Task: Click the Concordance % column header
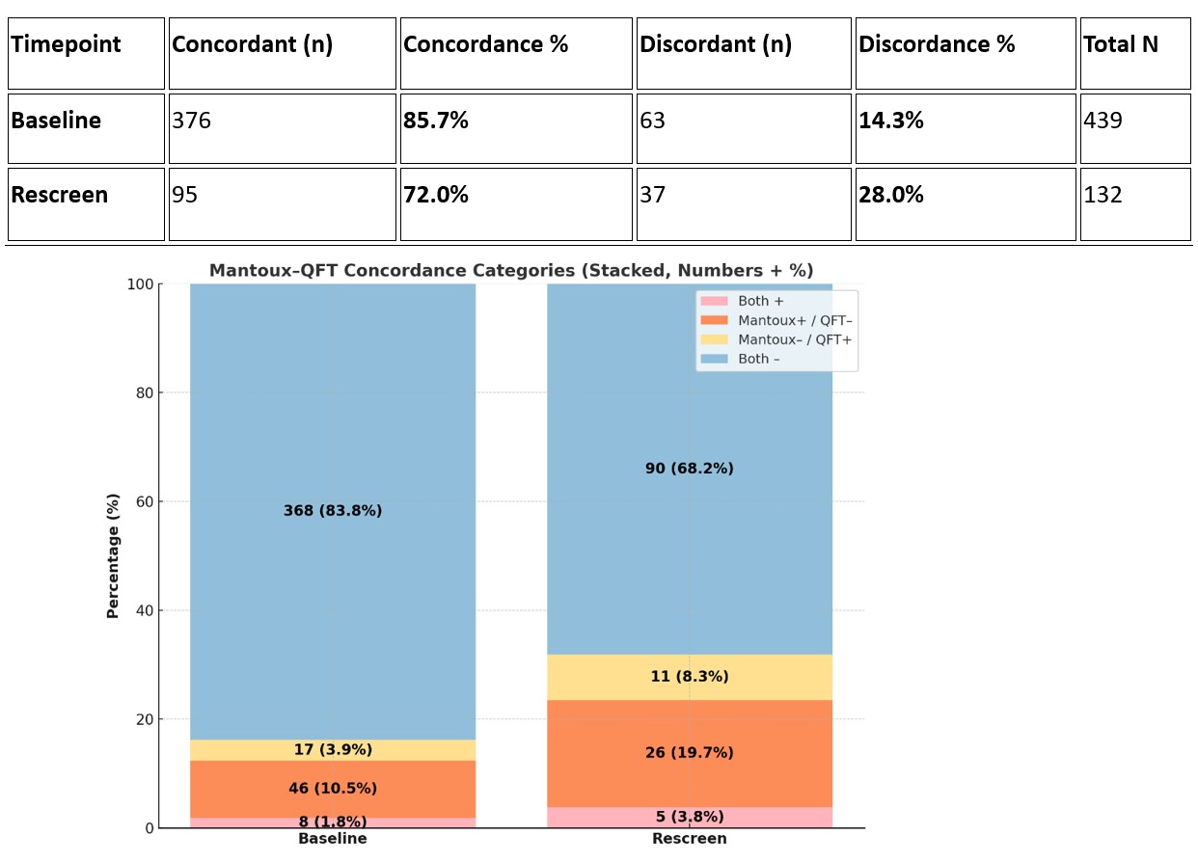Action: [485, 45]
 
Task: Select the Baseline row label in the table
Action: [56, 121]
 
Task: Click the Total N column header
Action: [1121, 45]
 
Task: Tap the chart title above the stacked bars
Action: [511, 271]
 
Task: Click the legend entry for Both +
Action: [761, 301]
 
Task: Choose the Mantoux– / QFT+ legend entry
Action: [795, 339]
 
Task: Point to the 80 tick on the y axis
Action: [143, 392]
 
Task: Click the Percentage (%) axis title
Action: [114, 555]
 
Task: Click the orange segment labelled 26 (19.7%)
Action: [689, 753]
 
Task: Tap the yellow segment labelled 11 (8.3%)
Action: [689, 677]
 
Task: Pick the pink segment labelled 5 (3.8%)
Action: [689, 818]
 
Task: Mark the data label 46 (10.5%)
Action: [333, 789]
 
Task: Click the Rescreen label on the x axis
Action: [689, 839]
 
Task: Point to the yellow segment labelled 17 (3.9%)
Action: [333, 750]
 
